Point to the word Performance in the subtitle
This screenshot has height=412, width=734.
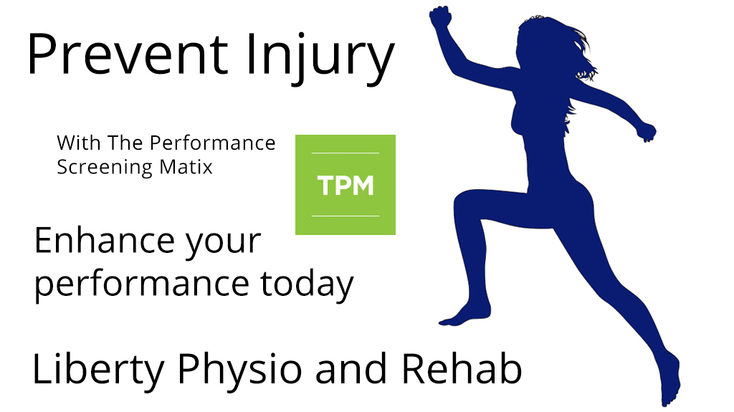coord(212,143)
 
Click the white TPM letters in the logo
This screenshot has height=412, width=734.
coord(345,186)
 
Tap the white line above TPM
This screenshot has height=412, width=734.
coord(345,153)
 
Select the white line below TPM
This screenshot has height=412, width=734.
coord(345,216)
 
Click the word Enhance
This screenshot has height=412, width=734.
coord(104,241)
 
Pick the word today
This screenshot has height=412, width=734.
coord(307,283)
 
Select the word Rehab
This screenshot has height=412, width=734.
coord(461,369)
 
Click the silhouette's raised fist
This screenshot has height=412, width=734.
coord(440,18)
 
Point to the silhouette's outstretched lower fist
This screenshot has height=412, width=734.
coord(647,132)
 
